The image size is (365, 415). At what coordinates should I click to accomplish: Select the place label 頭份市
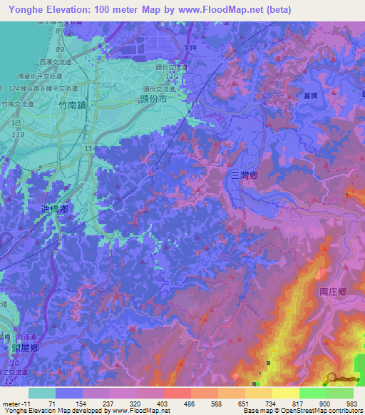point(154,101)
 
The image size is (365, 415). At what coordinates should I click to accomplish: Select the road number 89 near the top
point(59,50)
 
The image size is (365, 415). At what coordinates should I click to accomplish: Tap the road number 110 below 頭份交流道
point(171,75)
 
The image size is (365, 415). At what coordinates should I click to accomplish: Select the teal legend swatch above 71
point(42,393)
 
